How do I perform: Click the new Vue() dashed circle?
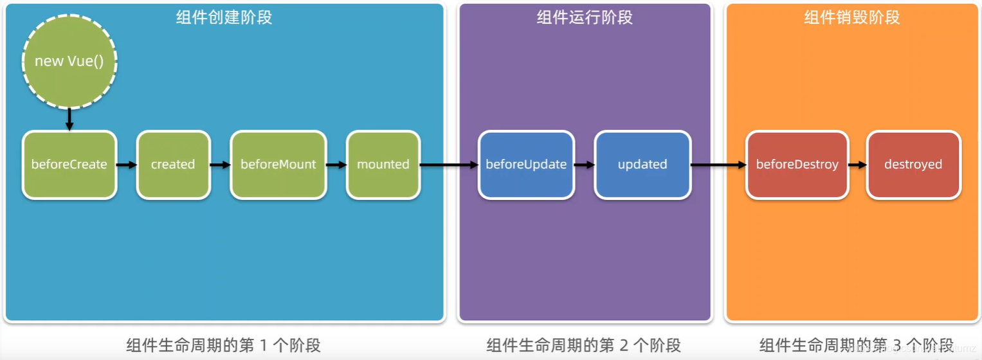point(69,62)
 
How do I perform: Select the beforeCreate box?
point(69,165)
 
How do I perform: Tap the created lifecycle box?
point(173,165)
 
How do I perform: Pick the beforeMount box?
point(278,165)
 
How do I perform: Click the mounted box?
point(383,165)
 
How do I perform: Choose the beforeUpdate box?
point(526,165)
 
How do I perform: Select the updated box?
point(642,165)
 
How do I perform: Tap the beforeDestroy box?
point(797,165)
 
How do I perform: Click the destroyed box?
point(913,165)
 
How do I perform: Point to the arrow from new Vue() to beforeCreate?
point(69,120)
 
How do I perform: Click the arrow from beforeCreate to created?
point(127,165)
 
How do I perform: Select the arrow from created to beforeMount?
point(220,165)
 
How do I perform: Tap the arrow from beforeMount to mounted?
point(336,165)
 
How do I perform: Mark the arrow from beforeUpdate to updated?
point(584,165)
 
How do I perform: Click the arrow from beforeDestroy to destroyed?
point(857,165)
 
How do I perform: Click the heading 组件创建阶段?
point(224,17)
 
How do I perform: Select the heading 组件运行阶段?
point(585,17)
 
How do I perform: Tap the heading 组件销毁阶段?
point(852,17)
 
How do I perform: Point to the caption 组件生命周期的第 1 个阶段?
point(223,345)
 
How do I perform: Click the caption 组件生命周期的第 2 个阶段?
point(583,345)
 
